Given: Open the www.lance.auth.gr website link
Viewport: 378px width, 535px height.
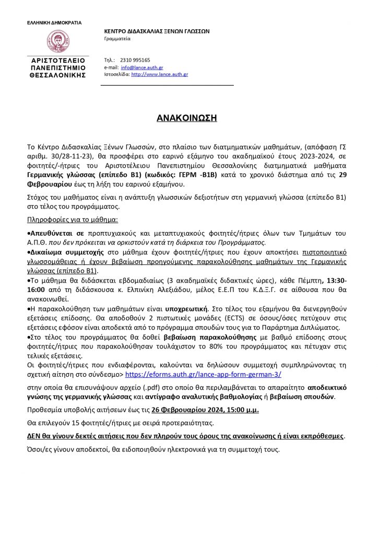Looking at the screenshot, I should [x=159, y=75].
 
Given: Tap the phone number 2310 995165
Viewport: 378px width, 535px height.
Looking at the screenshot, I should [x=135, y=60].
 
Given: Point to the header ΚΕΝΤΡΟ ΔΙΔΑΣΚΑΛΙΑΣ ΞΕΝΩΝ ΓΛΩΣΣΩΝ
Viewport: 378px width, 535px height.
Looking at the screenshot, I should [x=157, y=31].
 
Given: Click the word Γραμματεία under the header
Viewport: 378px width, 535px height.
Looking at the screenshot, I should [x=117, y=39].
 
